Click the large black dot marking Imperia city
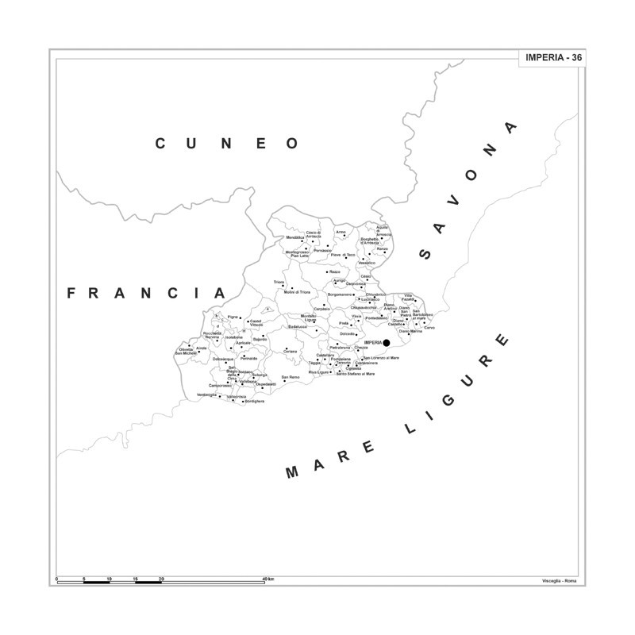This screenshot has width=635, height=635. tap(387, 343)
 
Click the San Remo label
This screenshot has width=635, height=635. tap(291, 376)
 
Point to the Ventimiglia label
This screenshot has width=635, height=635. tap(207, 394)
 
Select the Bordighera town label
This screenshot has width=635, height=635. tap(254, 401)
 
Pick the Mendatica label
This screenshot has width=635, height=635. tap(294, 237)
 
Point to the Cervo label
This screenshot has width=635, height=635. tap(429, 328)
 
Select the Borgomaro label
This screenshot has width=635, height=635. tap(341, 294)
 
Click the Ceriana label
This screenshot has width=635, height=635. tap(290, 351)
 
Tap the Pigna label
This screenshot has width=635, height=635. tap(233, 317)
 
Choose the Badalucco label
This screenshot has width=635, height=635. tap(297, 326)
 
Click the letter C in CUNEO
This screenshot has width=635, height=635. tap(160, 144)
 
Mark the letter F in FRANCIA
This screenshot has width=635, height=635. tap(71, 293)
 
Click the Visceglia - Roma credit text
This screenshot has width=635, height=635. tap(560, 581)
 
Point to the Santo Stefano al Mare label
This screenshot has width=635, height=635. tap(355, 373)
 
